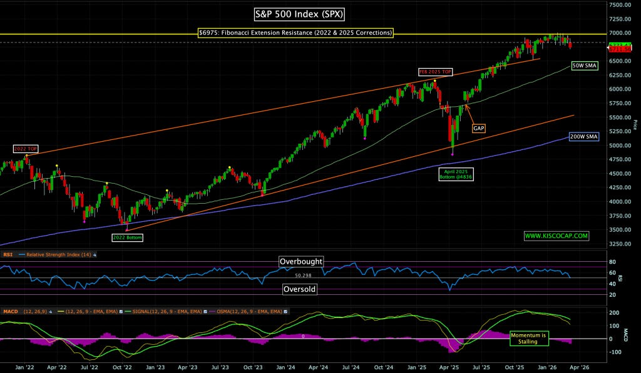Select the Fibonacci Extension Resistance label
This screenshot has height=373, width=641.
(295, 32)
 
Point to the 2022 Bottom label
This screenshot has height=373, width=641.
(127, 237)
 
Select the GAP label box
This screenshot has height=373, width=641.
(479, 128)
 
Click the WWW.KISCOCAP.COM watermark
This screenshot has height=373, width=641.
(556, 236)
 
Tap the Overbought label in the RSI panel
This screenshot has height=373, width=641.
(301, 262)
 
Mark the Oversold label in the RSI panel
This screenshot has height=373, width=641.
(299, 289)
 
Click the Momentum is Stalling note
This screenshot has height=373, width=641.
(528, 338)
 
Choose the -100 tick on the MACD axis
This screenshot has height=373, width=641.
(615, 352)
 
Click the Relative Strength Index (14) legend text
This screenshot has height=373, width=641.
(56, 255)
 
